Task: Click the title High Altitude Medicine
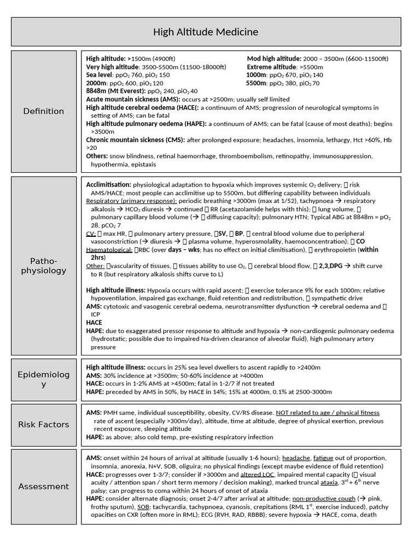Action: tap(206, 32)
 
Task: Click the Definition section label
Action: tap(44, 111)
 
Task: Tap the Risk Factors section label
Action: tap(44, 424)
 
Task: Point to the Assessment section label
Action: tap(44, 486)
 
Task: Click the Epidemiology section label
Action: tap(44, 379)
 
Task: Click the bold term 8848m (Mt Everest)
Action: tap(115, 91)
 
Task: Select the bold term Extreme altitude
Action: tap(271, 67)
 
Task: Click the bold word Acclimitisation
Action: tap(108, 185)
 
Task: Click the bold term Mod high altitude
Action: tap(274, 59)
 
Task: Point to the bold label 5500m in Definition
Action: tap(255, 83)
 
